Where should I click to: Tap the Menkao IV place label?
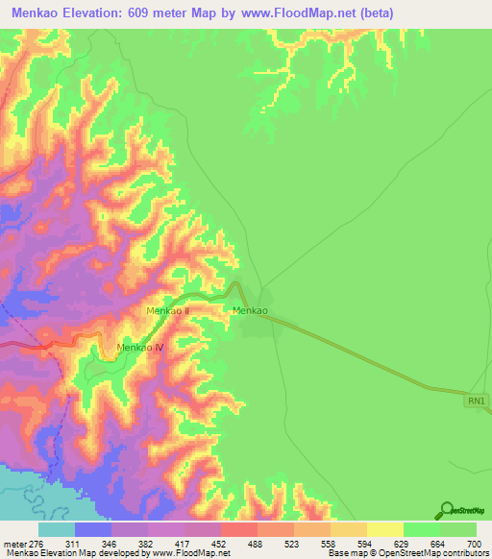[139, 347]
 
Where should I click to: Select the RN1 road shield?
[478, 400]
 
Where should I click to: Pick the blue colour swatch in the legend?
[93, 529]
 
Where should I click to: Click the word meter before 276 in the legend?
[12, 543]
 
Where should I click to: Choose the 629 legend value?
[403, 543]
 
